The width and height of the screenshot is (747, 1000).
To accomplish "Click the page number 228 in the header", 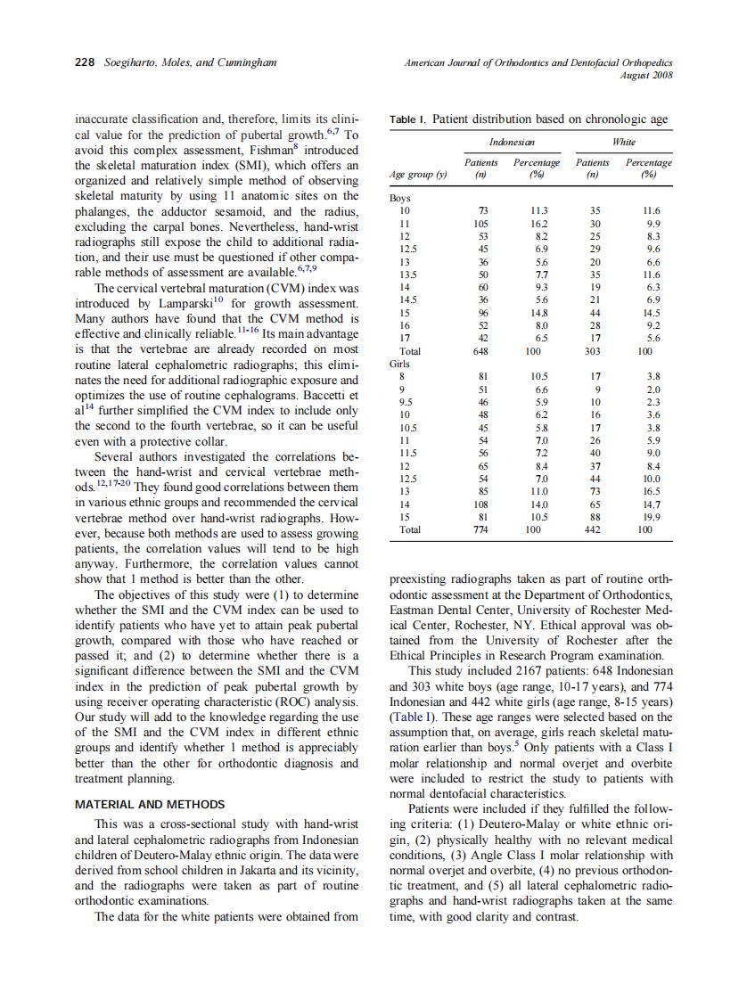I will click(x=84, y=62).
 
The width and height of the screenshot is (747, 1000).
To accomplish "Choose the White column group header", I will click(x=623, y=143).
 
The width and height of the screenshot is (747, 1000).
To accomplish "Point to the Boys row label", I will click(x=401, y=198).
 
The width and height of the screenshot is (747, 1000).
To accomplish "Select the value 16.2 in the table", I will click(x=538, y=224).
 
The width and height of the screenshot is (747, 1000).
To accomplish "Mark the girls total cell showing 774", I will click(x=482, y=529).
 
